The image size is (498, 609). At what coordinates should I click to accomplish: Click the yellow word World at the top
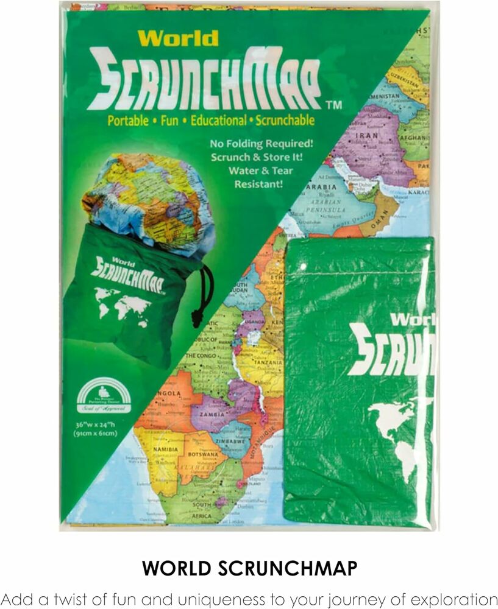[177, 38]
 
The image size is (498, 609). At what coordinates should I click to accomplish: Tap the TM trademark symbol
[334, 105]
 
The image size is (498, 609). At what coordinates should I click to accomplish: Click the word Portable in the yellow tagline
[128, 120]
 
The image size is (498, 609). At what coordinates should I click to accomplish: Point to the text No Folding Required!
[261, 144]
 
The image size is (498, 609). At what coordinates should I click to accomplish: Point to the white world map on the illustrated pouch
[121, 303]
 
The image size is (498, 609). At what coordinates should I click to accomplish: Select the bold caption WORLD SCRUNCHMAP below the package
[249, 568]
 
